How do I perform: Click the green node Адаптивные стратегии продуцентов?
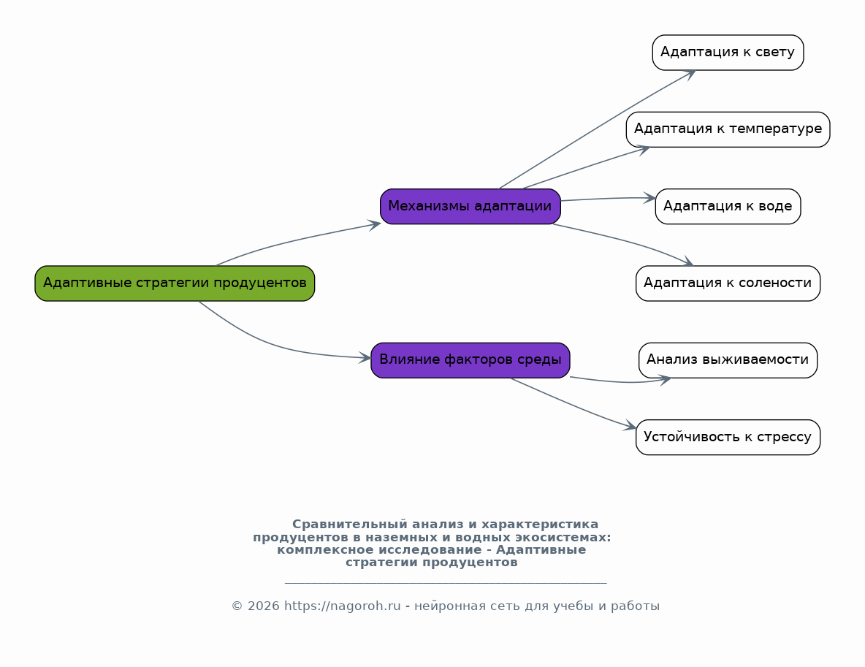(175, 283)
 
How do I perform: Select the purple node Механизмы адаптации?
(470, 206)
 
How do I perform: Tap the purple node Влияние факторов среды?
(470, 360)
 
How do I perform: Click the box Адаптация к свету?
(728, 53)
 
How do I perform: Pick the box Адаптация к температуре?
(728, 129)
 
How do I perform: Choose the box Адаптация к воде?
(728, 206)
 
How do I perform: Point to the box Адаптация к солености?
(728, 283)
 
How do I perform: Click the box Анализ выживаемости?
(728, 360)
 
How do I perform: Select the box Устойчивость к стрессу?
(728, 437)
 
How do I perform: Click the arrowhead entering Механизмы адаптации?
(375, 224)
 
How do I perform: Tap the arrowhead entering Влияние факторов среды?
(365, 357)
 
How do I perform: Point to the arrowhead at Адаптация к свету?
(690, 75)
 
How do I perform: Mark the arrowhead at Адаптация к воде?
(650, 198)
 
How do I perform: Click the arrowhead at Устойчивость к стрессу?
(630, 425)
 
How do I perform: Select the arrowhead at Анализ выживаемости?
(666, 380)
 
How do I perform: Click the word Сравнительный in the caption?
(350, 524)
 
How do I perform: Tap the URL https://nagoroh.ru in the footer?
(342, 606)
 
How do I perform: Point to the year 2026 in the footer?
(263, 606)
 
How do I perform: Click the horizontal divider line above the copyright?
(446, 582)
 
